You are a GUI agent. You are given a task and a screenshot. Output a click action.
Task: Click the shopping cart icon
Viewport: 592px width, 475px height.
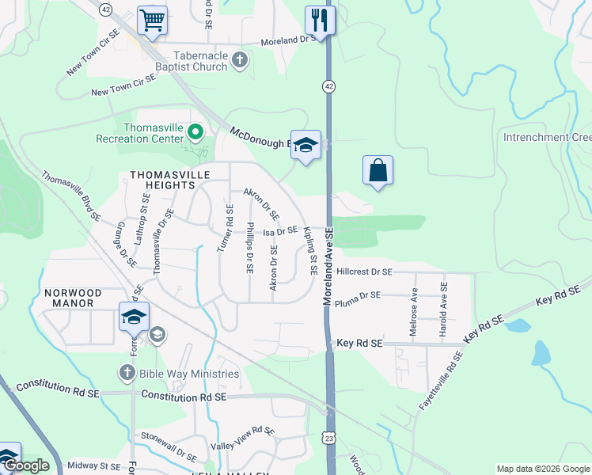pyautogui.click(x=152, y=20)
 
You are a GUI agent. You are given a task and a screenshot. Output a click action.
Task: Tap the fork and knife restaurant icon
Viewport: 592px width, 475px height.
pyautogui.click(x=320, y=20)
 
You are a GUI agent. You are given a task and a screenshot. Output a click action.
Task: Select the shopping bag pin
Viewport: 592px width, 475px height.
pyautogui.click(x=378, y=169)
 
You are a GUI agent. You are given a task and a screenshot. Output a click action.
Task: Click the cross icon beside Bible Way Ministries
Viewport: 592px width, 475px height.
pyautogui.click(x=127, y=372)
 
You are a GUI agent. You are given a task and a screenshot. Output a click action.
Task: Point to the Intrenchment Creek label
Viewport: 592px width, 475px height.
pyautogui.click(x=547, y=137)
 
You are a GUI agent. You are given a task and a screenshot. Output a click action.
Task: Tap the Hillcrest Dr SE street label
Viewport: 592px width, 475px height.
pyautogui.click(x=364, y=272)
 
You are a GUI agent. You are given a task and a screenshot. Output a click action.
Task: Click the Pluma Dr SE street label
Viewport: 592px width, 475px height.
pyautogui.click(x=358, y=295)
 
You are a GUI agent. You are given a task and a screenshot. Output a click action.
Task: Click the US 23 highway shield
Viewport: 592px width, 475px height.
pyautogui.click(x=329, y=437)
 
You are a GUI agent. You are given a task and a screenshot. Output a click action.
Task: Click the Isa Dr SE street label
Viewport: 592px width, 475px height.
pyautogui.click(x=280, y=231)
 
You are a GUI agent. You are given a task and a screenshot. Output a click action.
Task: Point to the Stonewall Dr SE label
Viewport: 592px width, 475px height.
pyautogui.click(x=169, y=445)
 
